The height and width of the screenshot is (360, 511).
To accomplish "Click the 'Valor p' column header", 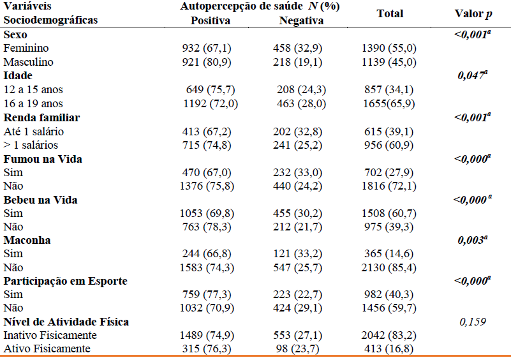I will pyautogui.click(x=473, y=13).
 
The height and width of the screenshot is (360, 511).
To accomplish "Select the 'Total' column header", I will pyautogui.click(x=390, y=13).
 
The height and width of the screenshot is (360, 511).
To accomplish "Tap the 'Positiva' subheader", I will pyautogui.click(x=211, y=20).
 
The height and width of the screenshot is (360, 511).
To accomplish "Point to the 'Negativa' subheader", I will pyautogui.click(x=301, y=20).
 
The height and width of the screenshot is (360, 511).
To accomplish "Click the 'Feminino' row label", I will pyautogui.click(x=26, y=49).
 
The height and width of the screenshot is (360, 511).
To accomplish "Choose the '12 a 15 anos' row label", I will pyautogui.click(x=33, y=89).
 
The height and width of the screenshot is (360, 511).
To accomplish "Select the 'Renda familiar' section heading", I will pyautogui.click(x=41, y=117).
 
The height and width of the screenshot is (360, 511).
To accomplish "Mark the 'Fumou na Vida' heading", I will pyautogui.click(x=43, y=159).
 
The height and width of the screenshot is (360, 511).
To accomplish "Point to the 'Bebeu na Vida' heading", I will pyautogui.click(x=41, y=200).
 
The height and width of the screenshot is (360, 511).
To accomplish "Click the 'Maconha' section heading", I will pyautogui.click(x=27, y=241).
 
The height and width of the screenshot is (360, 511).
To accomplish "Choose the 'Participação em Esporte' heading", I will pyautogui.click(x=66, y=281).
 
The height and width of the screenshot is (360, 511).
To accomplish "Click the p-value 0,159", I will pyautogui.click(x=472, y=322).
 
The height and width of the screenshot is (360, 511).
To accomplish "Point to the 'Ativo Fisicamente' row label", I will pyautogui.click(x=47, y=349).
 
